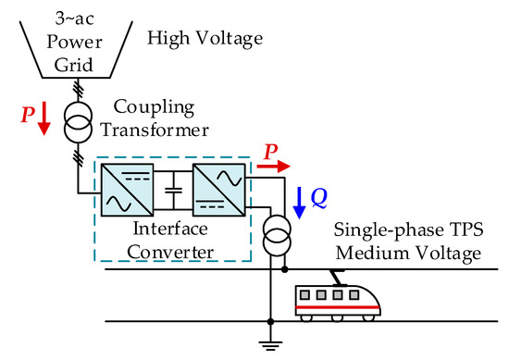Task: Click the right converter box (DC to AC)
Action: pyautogui.click(x=217, y=195)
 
